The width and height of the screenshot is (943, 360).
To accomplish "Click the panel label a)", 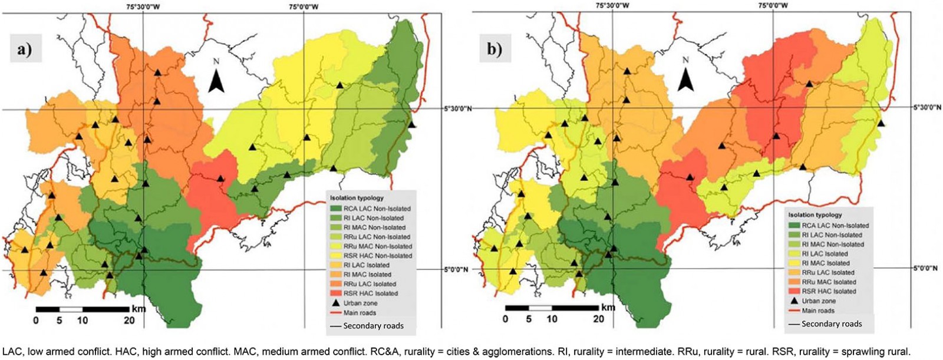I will click(x=25, y=49).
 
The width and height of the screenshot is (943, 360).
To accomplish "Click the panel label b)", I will click(x=494, y=49).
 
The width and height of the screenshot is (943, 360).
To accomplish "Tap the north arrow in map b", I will click(x=685, y=77).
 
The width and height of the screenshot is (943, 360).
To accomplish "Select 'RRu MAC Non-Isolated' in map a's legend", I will click(x=377, y=246).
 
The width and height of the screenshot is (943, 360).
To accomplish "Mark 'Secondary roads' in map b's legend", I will click(x=831, y=323).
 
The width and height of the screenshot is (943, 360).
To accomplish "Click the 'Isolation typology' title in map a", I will click(x=357, y=199).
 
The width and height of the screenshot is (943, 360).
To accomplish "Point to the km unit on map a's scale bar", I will click(x=139, y=309).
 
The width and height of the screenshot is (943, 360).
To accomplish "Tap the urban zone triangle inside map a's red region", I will click(x=220, y=178).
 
